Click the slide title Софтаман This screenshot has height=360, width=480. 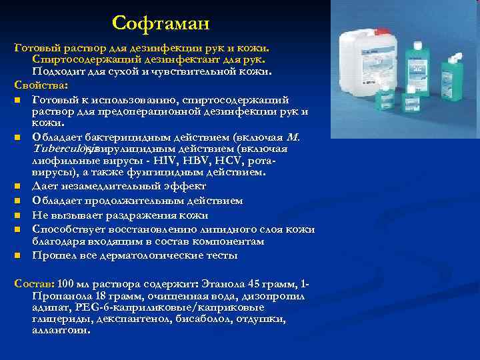[161, 23]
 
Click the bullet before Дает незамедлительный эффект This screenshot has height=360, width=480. [16, 187]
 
